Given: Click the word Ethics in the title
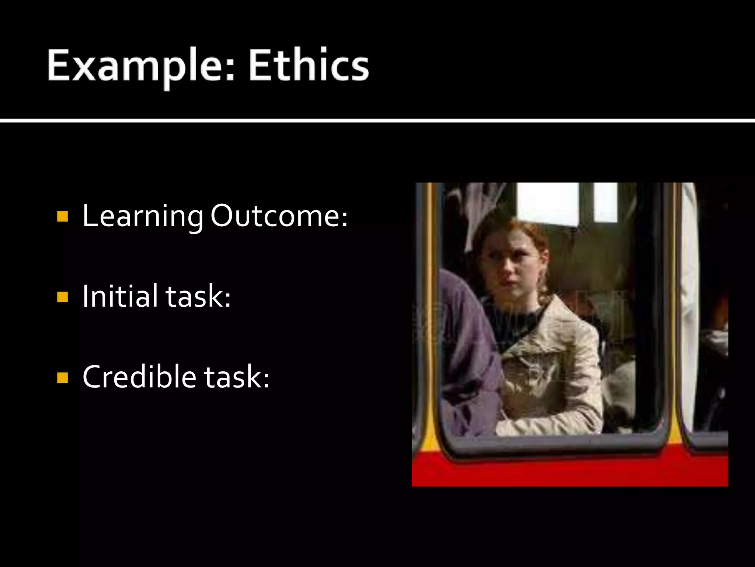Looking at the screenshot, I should tap(309, 65).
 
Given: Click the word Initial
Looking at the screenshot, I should tap(120, 296).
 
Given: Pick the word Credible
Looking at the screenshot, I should tap(139, 377).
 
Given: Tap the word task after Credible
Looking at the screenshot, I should tap(236, 377).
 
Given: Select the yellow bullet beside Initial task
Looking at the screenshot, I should tap(63, 297).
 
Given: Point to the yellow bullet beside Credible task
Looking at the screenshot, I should tap(63, 378).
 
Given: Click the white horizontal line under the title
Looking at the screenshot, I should tap(377, 120).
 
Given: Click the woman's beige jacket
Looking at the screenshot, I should tap(553, 369).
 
